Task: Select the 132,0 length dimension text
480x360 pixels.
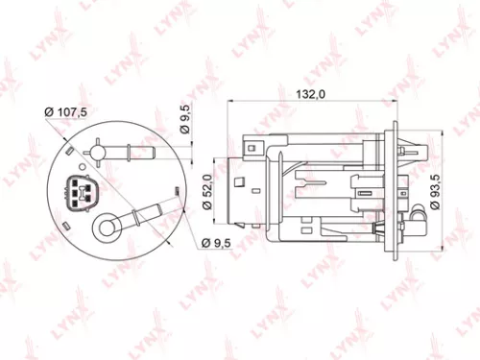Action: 306,93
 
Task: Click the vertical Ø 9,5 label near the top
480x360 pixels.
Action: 185,122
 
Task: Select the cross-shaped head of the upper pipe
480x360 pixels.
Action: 100,151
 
